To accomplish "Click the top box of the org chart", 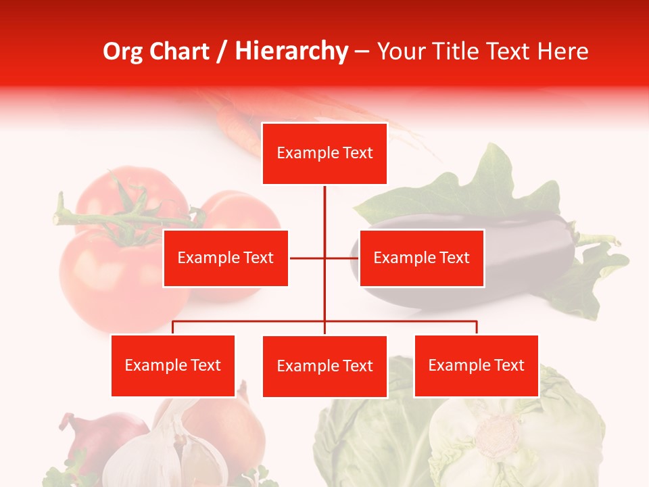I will tap(324, 154).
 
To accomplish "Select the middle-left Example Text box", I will tap(226, 258).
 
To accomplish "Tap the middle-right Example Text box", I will tap(421, 258).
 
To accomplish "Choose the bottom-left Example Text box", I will tap(173, 366).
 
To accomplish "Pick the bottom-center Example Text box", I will tap(324, 367).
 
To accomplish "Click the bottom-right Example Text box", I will tap(476, 366).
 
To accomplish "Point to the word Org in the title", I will tap(122, 51).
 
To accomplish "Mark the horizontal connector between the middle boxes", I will tap(324, 258).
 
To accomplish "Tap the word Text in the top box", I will tap(356, 154).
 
